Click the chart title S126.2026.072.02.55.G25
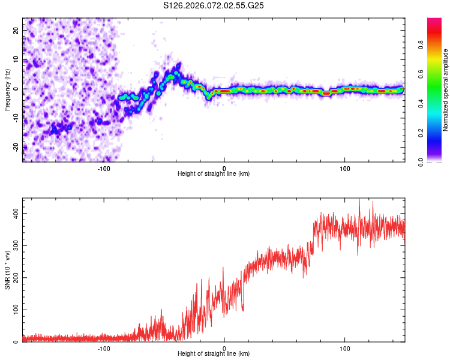[214, 5]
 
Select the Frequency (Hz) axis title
[7, 90]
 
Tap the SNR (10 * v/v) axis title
[7, 270]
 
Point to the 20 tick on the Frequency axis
[16, 30]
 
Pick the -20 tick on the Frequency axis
[16, 147]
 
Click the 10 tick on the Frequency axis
[16, 59]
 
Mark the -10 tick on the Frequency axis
[16, 118]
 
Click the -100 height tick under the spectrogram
[104, 168]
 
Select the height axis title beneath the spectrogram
[214, 174]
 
